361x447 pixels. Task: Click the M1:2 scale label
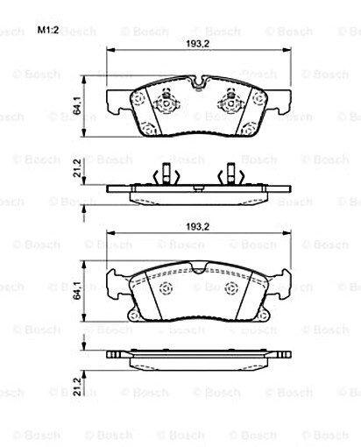pyautogui.click(x=47, y=31)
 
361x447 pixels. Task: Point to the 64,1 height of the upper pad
pyautogui.click(x=78, y=108)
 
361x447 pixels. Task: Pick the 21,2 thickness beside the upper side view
pyautogui.click(x=78, y=167)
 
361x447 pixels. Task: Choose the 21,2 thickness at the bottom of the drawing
pyautogui.click(x=78, y=386)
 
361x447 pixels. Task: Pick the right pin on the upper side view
pyautogui.click(x=229, y=175)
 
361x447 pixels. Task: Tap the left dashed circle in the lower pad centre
pyautogui.click(x=166, y=290)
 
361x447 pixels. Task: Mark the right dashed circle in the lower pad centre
pyautogui.click(x=230, y=290)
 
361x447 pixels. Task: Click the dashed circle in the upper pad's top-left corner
pyautogui.click(x=139, y=99)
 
